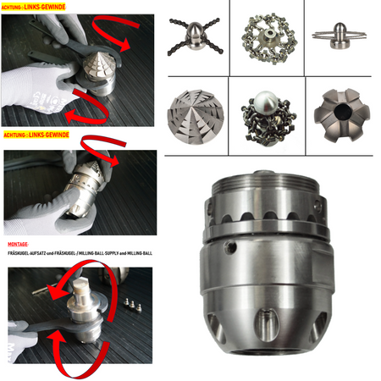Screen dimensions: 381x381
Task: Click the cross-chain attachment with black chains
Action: click(195, 36)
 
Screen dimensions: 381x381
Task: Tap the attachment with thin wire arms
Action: click(340, 36)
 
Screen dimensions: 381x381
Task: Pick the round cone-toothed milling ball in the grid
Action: click(196, 117)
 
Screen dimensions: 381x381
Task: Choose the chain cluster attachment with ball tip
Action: click(268, 118)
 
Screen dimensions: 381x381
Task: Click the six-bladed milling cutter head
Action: click(342, 114)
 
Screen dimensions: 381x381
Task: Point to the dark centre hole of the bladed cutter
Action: click(342, 112)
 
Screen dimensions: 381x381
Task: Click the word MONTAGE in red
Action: click(18, 245)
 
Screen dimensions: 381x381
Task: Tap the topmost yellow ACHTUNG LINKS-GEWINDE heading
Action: click(33, 7)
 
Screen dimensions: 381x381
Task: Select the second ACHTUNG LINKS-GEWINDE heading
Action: click(36, 135)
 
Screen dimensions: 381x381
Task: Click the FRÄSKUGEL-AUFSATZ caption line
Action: click(80, 253)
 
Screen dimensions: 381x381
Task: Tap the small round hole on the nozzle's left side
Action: click(231, 246)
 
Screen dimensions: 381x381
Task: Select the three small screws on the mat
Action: click(132, 305)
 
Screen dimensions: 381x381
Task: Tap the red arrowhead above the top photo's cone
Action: click(124, 45)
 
